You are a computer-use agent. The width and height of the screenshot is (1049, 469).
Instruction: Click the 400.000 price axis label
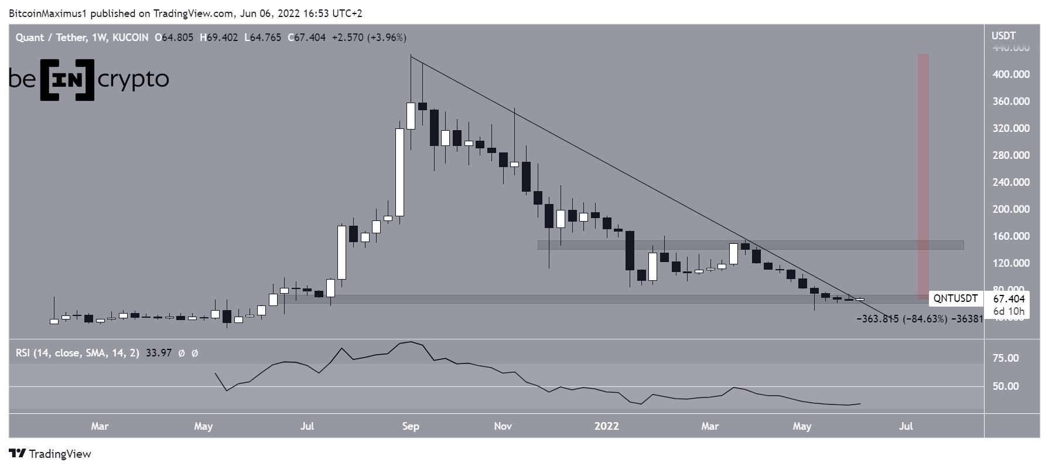pyautogui.click(x=1010, y=74)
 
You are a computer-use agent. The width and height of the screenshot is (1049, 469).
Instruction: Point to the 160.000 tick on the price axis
pyautogui.click(x=1010, y=236)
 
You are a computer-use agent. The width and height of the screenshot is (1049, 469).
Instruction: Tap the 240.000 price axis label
pyautogui.click(x=1010, y=182)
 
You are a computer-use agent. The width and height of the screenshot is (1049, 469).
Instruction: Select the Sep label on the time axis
pyautogui.click(x=411, y=426)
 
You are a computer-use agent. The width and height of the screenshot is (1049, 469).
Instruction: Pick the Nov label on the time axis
pyautogui.click(x=503, y=426)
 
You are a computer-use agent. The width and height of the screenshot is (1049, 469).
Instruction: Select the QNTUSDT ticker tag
pyautogui.click(x=955, y=298)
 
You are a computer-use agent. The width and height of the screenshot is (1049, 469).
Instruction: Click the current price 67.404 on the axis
pyautogui.click(x=1009, y=299)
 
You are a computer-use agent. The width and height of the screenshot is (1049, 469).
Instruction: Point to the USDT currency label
pyautogui.click(x=1003, y=36)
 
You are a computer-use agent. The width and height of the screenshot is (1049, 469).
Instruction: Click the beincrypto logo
pyautogui.click(x=89, y=79)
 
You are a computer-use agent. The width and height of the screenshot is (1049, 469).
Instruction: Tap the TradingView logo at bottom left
pyautogui.click(x=50, y=454)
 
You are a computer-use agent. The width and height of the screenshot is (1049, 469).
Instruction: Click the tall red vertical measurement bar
pyautogui.click(x=922, y=176)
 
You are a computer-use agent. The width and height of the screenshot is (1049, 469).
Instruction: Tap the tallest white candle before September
pyautogui.click(x=399, y=172)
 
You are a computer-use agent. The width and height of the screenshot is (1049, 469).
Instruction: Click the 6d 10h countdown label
pyautogui.click(x=1009, y=311)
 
